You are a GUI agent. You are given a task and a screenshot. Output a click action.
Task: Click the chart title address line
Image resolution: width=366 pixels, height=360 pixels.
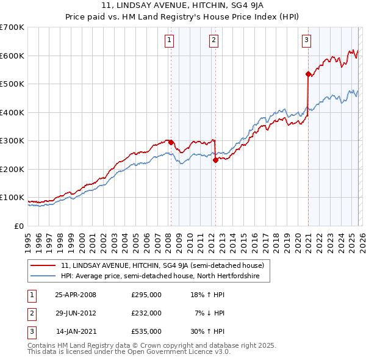tap(183, 5)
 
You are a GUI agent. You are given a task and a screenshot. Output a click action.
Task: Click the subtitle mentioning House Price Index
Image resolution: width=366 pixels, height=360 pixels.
tap(183, 16)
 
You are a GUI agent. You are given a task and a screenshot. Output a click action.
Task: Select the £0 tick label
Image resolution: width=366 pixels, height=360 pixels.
tap(20, 226)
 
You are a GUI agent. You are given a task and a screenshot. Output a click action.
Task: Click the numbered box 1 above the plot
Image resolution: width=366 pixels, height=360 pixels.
tap(169, 41)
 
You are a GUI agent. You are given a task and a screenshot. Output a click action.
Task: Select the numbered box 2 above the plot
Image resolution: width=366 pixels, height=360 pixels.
tap(214, 41)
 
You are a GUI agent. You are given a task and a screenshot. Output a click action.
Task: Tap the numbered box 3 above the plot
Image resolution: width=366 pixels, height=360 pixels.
tap(306, 41)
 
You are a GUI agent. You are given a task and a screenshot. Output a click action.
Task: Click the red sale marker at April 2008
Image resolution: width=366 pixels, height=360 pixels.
tap(171, 142)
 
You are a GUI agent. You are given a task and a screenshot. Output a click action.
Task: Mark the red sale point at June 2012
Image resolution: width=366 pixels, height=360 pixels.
tap(215, 160)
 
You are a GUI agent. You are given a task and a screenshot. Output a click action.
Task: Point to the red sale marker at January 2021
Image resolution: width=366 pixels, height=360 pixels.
tap(308, 74)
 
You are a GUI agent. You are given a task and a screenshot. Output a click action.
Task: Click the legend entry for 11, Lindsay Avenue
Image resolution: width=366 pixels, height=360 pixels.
tap(162, 265)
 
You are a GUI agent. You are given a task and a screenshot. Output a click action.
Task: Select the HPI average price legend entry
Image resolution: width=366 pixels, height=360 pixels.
tap(160, 276)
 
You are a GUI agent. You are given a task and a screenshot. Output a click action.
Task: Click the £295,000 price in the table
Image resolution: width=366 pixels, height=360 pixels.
tap(146, 295)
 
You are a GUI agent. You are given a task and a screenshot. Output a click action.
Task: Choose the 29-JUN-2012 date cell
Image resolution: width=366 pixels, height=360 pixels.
tap(76, 313)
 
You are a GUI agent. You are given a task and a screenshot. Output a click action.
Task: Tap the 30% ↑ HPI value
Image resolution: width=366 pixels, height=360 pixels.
tap(209, 331)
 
